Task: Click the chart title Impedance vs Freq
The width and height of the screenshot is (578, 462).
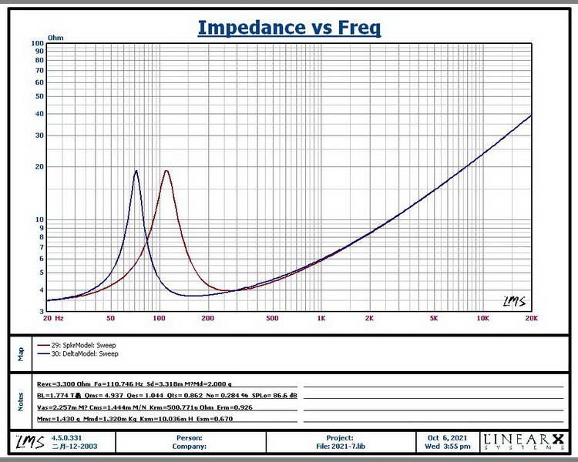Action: [289, 28]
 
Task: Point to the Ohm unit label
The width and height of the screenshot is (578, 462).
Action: [55, 37]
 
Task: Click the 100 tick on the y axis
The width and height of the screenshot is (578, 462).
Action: [37, 43]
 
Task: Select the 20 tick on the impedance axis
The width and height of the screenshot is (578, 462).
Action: [39, 167]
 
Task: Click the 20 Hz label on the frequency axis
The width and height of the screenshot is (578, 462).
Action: [53, 318]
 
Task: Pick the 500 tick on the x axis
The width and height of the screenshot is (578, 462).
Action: [271, 318]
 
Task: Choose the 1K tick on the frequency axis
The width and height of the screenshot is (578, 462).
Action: [321, 318]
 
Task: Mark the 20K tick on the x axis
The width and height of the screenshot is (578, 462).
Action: [531, 318]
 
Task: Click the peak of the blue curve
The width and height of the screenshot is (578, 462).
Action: [136, 171]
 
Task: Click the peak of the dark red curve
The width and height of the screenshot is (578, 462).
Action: [166, 171]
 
